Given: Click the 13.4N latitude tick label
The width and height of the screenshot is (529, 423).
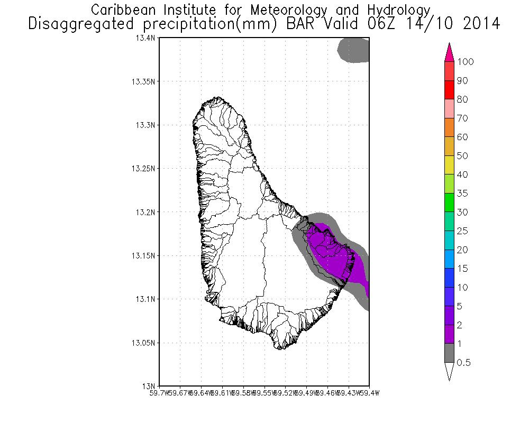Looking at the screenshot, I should [x=147, y=39].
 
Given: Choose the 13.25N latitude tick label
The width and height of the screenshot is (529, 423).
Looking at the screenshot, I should [x=144, y=169].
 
